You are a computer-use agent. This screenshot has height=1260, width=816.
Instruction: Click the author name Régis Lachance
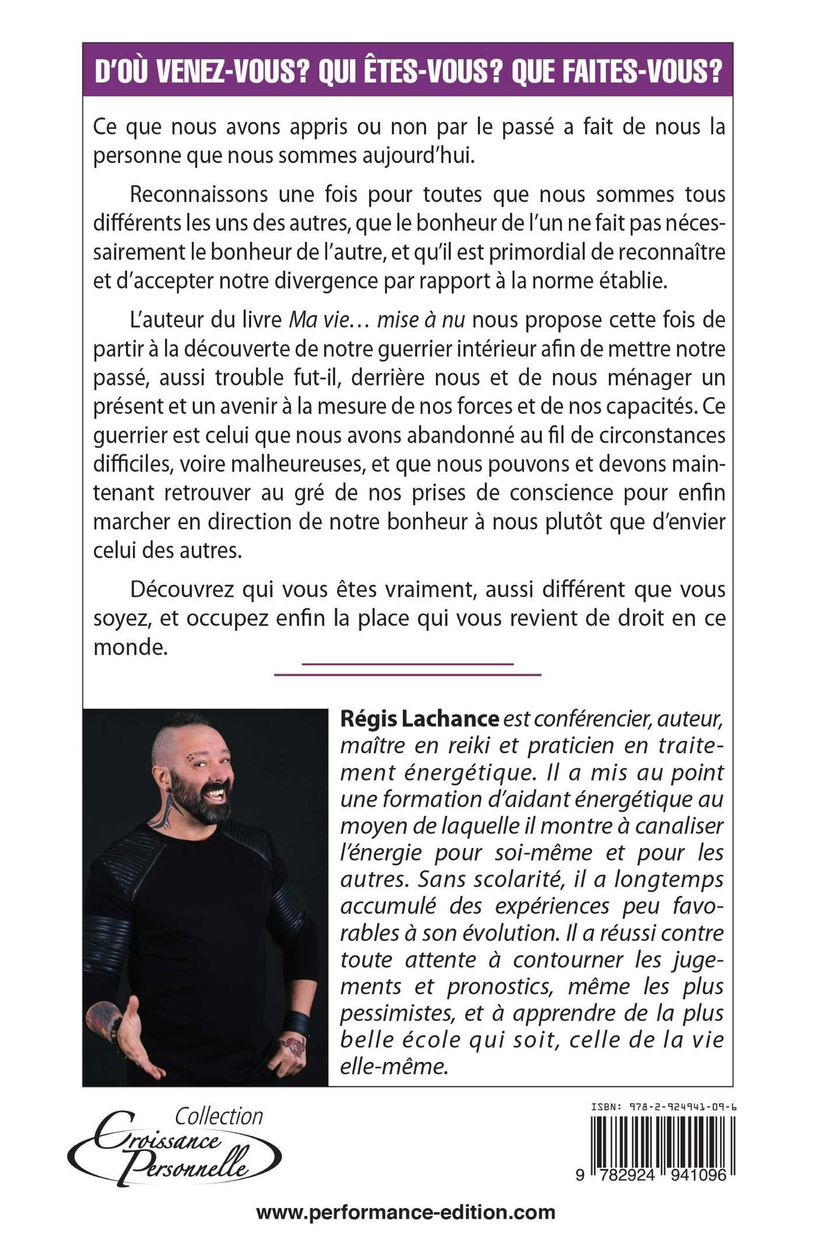point(419,719)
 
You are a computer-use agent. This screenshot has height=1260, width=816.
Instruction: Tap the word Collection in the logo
point(219,1116)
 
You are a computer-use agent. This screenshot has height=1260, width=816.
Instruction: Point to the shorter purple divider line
point(407,663)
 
